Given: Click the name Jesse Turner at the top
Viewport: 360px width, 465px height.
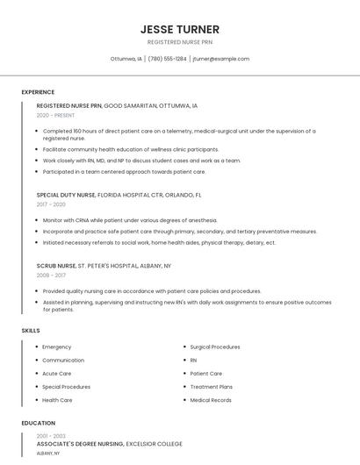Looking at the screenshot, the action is coord(180,29).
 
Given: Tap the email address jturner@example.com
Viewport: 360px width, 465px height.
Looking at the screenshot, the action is coord(220,59).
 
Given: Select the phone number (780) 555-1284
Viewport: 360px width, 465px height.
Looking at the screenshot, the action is coord(167,59).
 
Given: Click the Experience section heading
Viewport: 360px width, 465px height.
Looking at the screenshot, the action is coord(38,92).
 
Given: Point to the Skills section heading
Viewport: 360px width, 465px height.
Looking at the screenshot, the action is coord(31,330).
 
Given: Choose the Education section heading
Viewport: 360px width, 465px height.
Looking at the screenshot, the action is coord(38,423).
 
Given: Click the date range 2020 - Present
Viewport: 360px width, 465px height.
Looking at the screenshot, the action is coord(55,115).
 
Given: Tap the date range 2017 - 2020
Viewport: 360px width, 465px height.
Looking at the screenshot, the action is coord(51,204).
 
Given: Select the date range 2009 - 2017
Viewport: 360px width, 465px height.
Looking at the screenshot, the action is coord(51,275).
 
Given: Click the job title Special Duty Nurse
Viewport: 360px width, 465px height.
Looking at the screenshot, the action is coord(66,195).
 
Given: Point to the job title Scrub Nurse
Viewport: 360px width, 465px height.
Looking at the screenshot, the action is coord(56,265).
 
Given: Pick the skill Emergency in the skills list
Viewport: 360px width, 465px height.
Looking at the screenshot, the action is coord(57,347).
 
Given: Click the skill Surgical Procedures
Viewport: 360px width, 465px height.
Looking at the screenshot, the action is coord(215,347).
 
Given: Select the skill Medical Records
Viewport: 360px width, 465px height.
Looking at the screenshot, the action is coord(211,400).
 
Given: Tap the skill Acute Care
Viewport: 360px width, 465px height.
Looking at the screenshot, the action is coord(57,373).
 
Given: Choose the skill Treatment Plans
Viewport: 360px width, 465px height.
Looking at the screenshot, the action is coord(212,387).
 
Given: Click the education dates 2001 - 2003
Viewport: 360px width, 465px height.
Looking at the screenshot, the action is coord(51,436).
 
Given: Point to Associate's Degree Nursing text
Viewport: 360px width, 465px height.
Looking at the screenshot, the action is coord(80,444).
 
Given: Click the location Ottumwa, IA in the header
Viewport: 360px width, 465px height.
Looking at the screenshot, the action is coord(126,59).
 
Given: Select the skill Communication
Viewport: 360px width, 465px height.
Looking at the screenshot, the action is coord(63,360).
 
